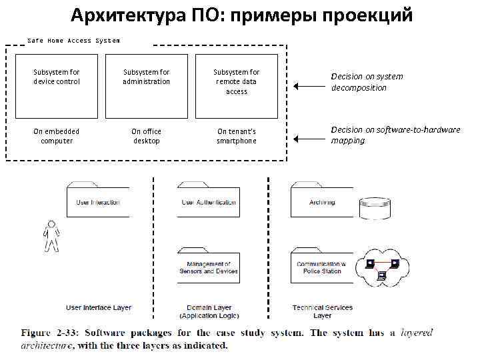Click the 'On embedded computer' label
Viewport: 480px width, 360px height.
57,136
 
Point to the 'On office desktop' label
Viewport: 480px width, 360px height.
147,136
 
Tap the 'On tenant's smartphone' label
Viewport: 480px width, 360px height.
237,136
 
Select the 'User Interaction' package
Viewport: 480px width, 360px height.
97,201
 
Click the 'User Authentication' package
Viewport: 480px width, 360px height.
208,201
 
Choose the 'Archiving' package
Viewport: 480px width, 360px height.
322,201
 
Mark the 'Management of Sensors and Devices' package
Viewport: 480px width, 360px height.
208,267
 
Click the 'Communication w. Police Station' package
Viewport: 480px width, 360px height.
322,267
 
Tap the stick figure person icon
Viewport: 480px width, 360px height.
51,236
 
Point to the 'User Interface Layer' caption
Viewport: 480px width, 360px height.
99,308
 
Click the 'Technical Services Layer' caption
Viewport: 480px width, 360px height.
323,311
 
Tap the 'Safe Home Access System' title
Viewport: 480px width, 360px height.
73,41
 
